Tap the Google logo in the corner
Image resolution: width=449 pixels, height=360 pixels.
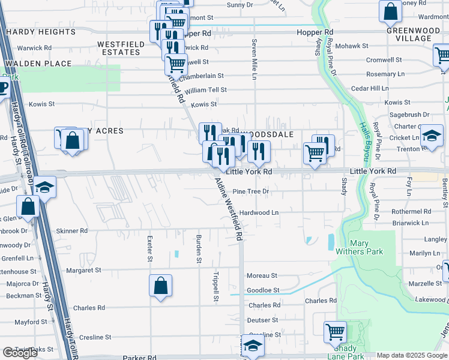point(20,353)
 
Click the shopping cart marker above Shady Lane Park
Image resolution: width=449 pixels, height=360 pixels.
point(335,331)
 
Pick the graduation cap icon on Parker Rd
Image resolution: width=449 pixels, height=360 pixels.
point(253,347)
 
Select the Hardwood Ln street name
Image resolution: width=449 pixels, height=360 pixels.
point(259,212)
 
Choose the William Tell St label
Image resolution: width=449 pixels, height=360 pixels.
point(206,90)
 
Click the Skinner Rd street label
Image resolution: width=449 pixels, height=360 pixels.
point(71,230)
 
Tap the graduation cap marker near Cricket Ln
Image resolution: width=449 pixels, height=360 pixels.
point(431,136)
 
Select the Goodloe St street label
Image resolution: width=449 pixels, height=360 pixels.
point(263,290)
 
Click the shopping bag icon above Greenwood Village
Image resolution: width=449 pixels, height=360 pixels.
point(390,11)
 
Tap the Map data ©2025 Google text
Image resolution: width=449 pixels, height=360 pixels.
point(412,355)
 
